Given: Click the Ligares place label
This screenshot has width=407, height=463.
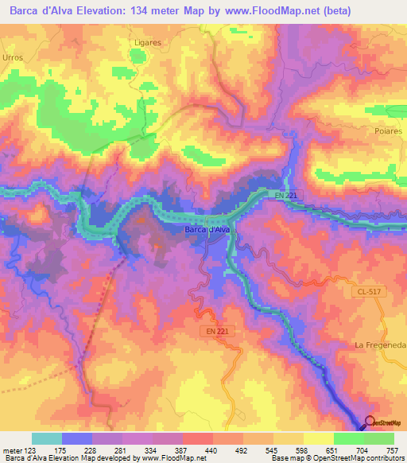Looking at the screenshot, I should pyautogui.click(x=148, y=41).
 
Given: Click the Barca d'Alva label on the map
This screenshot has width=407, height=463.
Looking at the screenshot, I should pyautogui.click(x=207, y=230).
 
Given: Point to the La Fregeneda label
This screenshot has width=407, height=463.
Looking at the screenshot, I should pyautogui.click(x=380, y=344).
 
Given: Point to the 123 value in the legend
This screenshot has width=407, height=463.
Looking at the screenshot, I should pyautogui.click(x=29, y=449).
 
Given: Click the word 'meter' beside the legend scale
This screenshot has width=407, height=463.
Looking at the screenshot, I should pyautogui.click(x=11, y=449).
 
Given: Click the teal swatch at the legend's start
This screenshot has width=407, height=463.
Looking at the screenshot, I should pyautogui.click(x=46, y=438).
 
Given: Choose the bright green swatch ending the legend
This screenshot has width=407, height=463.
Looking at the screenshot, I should pyautogui.click(x=379, y=438).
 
